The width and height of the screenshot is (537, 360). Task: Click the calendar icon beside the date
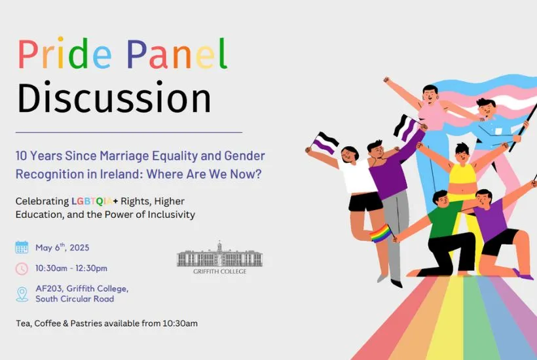[x=22, y=247]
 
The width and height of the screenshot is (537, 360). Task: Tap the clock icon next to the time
[x=22, y=268]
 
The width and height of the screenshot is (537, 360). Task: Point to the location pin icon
[x=22, y=294]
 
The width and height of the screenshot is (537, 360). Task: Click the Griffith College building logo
[x=219, y=255]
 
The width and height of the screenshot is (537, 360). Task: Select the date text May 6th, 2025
[x=62, y=247]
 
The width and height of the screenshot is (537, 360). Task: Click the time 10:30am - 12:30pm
[x=71, y=268]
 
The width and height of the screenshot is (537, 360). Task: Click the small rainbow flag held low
[x=381, y=232]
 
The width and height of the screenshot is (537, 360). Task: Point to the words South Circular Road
[x=75, y=299]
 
